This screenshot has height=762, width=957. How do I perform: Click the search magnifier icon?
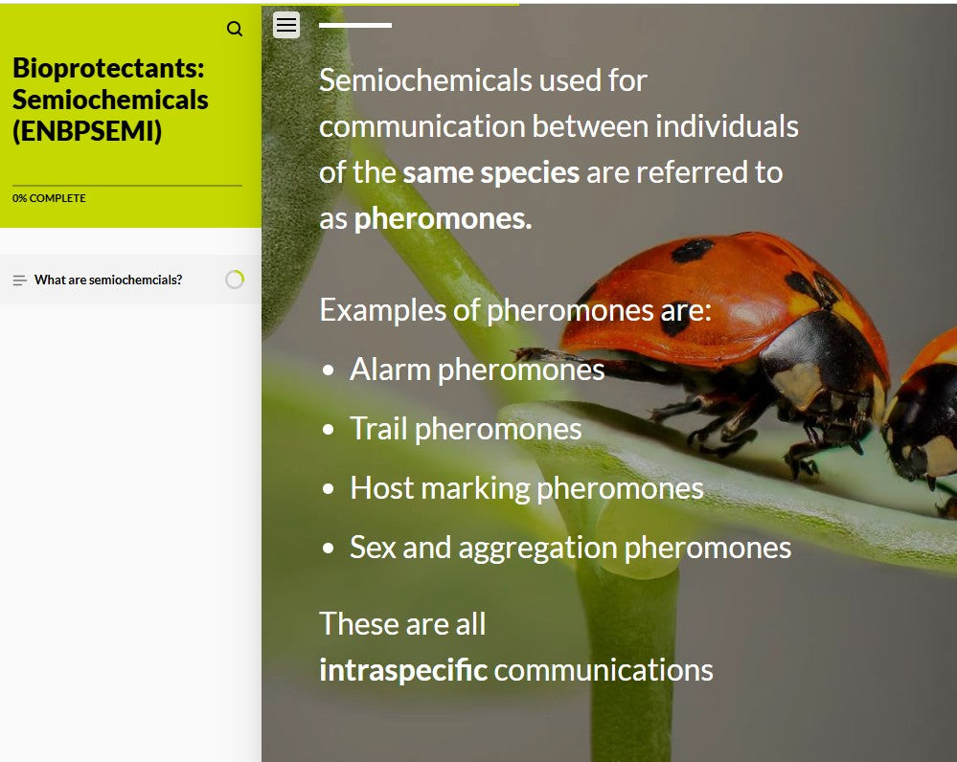(235, 29)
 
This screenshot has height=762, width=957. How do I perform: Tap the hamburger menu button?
(286, 25)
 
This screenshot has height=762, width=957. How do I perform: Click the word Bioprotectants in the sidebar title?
(108, 69)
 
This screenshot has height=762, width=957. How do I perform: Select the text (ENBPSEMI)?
(87, 131)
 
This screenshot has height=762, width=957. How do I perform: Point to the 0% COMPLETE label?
(49, 198)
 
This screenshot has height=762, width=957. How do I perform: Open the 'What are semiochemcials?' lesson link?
(108, 280)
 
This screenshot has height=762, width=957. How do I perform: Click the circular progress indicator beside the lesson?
(235, 280)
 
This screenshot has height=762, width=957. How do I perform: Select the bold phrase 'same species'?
(490, 173)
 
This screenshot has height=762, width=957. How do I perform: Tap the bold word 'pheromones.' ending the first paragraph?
(443, 219)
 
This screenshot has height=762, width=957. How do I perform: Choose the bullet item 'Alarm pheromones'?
(476, 370)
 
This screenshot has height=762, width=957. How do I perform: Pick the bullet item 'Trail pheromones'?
(465, 429)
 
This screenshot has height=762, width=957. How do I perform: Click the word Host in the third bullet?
(381, 488)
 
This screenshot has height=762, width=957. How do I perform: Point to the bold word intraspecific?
(402, 670)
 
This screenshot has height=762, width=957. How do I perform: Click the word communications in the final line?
(604, 670)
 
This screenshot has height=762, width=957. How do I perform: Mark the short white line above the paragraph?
(354, 25)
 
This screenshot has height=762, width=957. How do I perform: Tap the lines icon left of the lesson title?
(20, 280)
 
